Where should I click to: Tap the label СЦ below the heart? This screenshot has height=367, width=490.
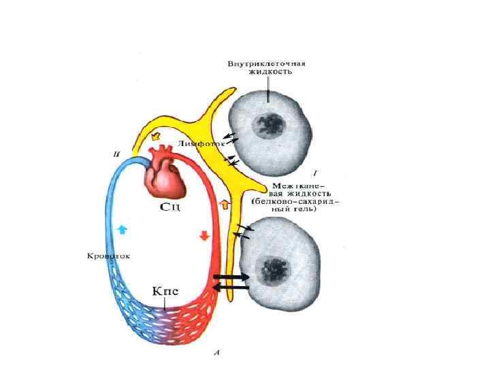[169, 206]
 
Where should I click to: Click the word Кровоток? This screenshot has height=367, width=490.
[108, 256]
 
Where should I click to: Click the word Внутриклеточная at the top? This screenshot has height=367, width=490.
[266, 64]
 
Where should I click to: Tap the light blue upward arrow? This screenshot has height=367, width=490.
[122, 230]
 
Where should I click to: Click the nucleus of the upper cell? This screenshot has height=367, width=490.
[267, 124]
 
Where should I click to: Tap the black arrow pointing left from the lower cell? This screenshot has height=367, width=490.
[231, 288]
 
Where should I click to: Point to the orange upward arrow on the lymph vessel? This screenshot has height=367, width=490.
[225, 203]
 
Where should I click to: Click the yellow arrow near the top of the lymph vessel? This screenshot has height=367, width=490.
[154, 135]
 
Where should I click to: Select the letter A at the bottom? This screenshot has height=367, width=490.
[216, 353]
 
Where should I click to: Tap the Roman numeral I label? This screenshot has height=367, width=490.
[314, 172]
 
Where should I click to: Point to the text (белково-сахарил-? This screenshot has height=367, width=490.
[295, 202]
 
